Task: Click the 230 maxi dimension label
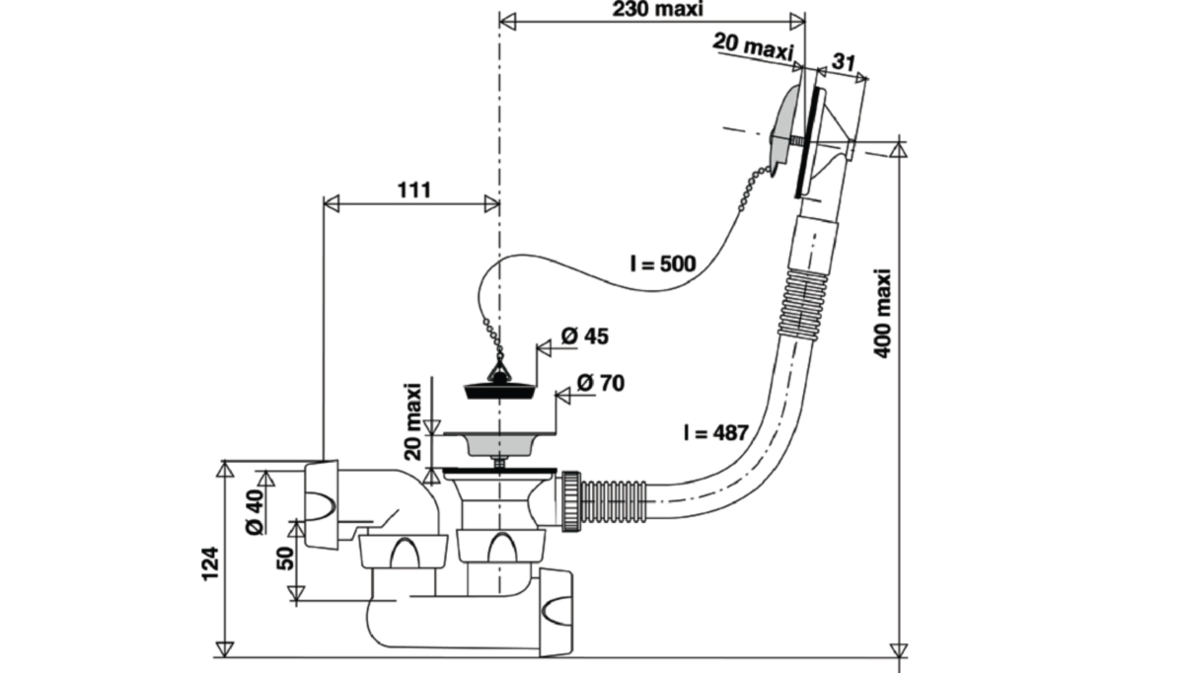pos(657,10)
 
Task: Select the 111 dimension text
pos(413,189)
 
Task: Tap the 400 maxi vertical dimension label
pos(882,314)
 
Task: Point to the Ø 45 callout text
pos(584,336)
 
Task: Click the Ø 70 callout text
pos(601,383)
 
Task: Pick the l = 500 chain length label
pos(663,263)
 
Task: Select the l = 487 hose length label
pos(715,433)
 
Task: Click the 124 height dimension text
pos(210,563)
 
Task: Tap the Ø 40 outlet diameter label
pos(255,512)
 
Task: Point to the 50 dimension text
pos(285,559)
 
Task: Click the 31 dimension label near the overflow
pos(844,62)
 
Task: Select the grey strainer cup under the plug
pos(498,446)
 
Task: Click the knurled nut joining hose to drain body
pos(571,500)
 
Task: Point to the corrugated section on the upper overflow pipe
pos(802,305)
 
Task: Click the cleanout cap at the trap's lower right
pos(555,612)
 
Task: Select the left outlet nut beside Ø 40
pos(322,504)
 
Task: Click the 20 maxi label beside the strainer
pos(412,421)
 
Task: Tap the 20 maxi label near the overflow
pos(753,46)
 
